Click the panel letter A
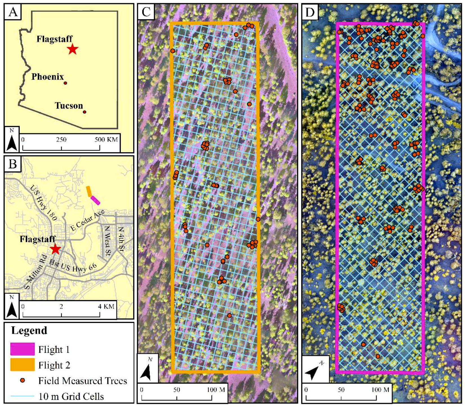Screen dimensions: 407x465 (13, 12)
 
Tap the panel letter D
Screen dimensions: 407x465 (310, 12)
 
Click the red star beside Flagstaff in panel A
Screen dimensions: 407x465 (73, 49)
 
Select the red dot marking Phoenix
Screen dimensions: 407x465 (65, 83)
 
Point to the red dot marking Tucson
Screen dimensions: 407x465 (84, 112)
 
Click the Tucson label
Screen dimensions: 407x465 (69, 106)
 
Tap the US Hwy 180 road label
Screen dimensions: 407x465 (44, 202)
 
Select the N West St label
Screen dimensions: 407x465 (107, 241)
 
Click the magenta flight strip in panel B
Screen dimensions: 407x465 (95, 200)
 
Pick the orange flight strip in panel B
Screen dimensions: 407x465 (89, 191)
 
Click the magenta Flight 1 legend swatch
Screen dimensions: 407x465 (23, 349)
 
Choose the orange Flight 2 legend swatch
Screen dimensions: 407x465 (23, 365)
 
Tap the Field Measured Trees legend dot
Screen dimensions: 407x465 (23, 380)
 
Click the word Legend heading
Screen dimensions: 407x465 (29, 330)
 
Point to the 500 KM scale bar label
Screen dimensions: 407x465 (106, 139)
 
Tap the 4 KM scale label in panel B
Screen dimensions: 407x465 (106, 306)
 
